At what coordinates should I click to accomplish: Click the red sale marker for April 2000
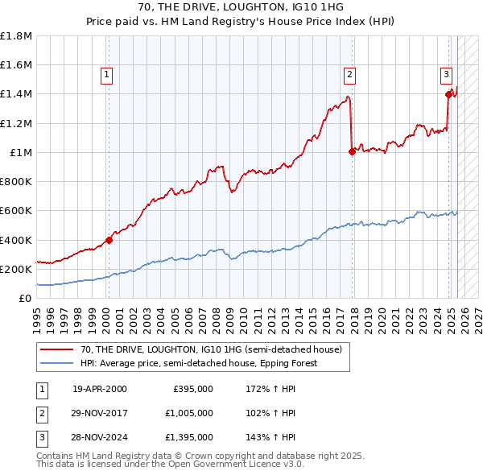pyautogui.click(x=109, y=239)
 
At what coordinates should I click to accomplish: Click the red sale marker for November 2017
pyautogui.click(x=352, y=151)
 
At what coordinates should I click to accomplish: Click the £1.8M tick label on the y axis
pyautogui.click(x=16, y=36)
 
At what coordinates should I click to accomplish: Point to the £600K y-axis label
pyautogui.click(x=16, y=211)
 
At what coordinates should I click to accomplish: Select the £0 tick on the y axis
pyautogui.click(x=24, y=298)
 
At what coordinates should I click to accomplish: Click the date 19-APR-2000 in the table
pyautogui.click(x=100, y=388)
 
